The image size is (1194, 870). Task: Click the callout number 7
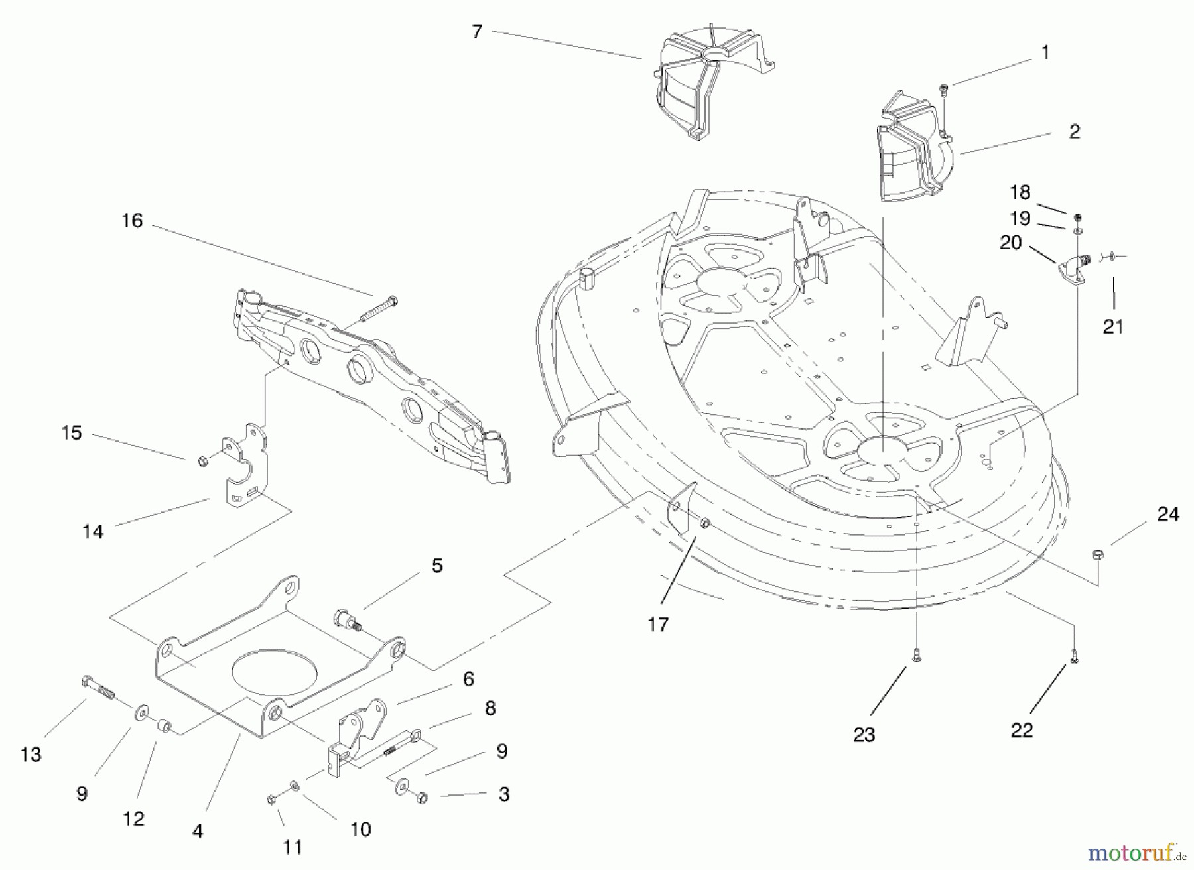point(477,32)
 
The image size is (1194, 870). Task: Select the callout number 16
point(132,221)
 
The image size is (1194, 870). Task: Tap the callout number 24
point(1168,515)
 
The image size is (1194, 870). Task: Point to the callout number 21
point(1113,326)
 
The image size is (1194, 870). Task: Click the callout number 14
point(93,532)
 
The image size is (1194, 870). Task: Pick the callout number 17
point(658,624)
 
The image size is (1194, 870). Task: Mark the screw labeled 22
point(1074,656)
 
